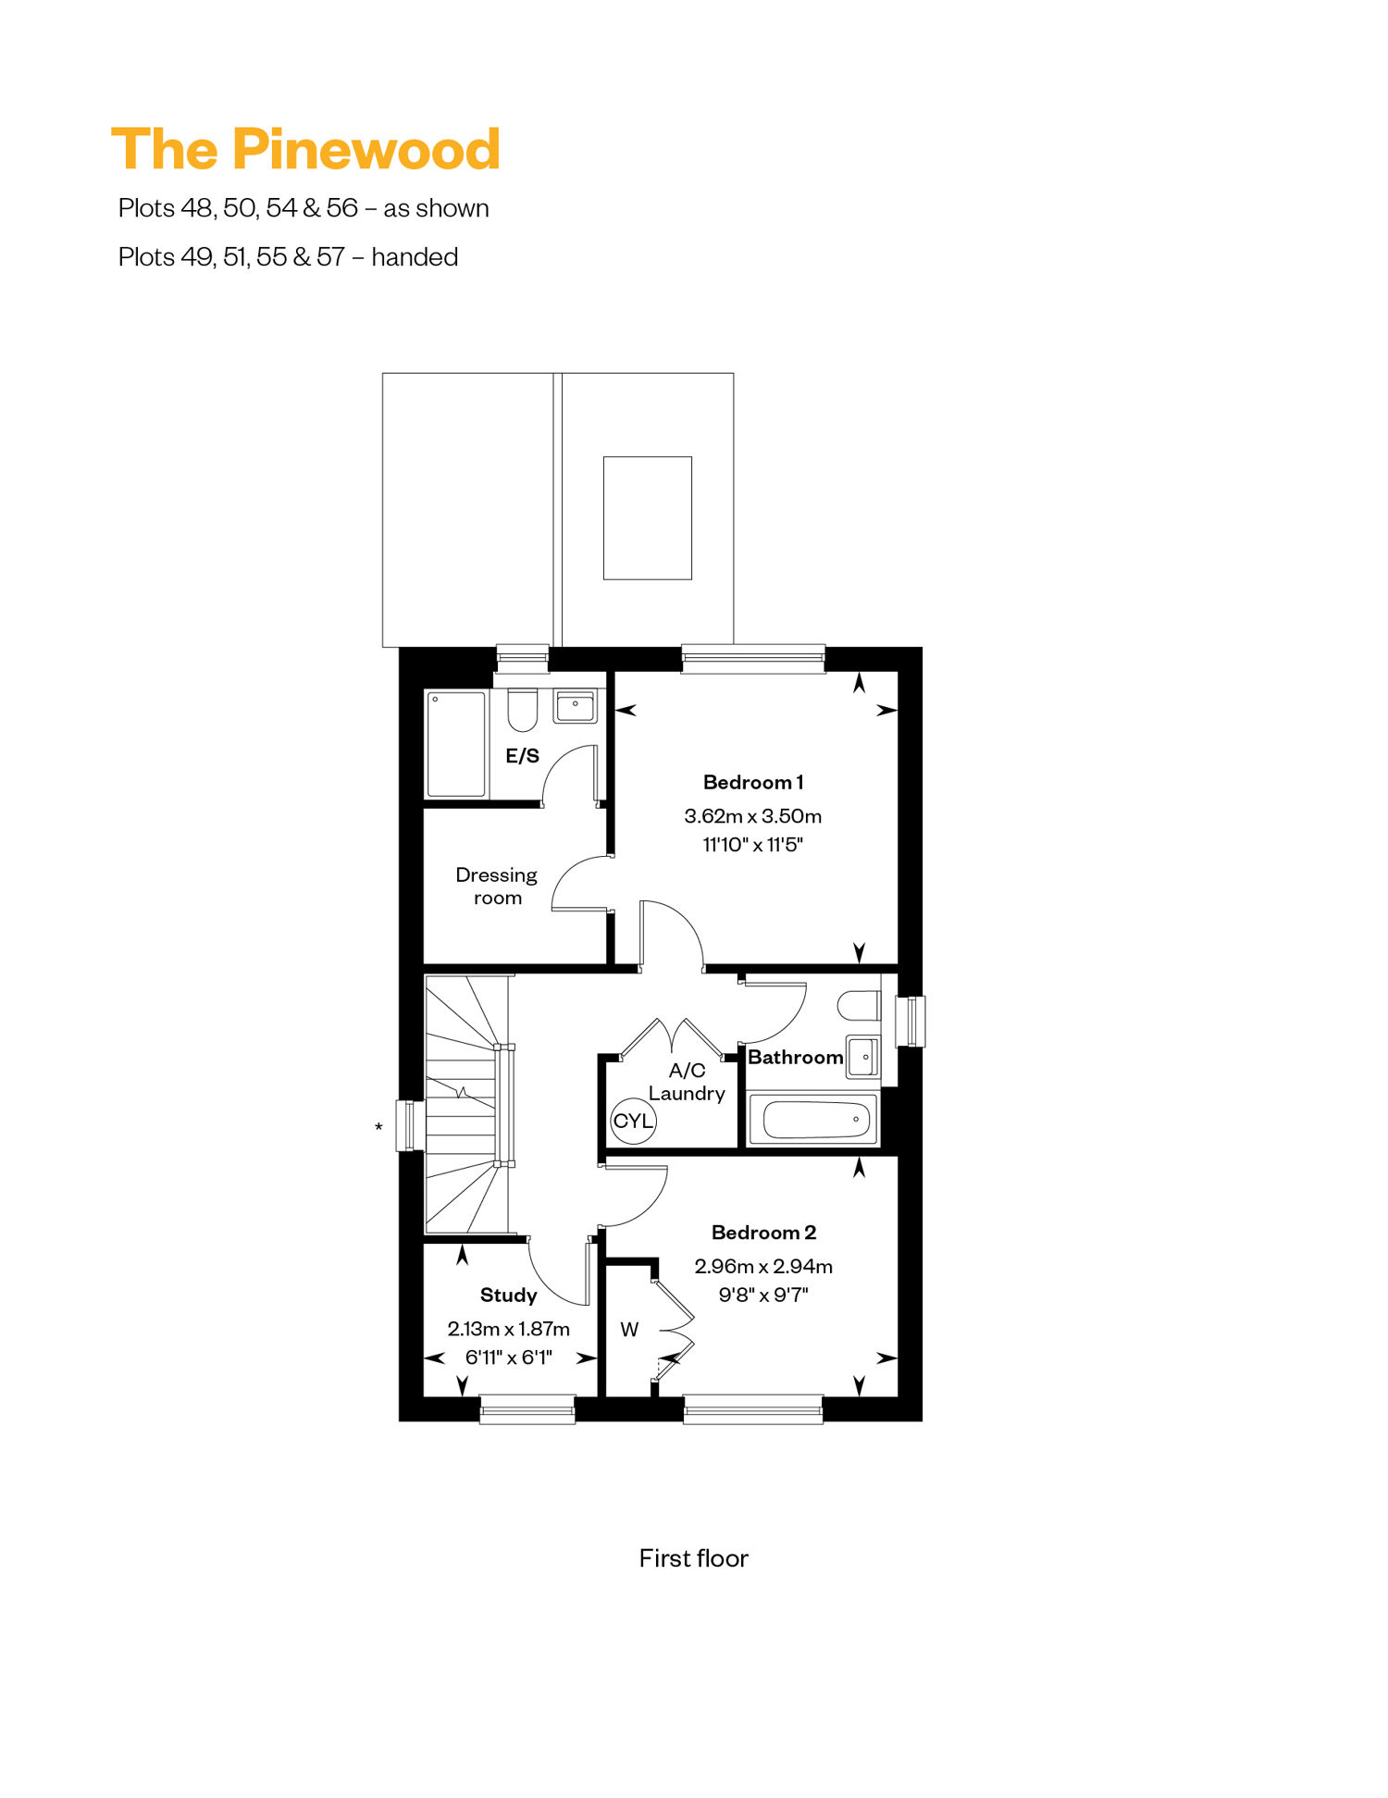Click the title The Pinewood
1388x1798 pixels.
305,149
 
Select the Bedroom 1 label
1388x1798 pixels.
753,782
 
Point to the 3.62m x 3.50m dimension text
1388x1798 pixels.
753,816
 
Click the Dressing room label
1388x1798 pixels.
497,886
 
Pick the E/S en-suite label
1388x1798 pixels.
522,756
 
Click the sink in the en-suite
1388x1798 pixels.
575,706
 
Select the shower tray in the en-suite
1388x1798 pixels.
456,744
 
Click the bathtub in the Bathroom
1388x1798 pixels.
812,1120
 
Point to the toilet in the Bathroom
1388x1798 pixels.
859,1006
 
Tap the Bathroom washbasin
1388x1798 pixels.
863,1057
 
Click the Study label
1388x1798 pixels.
508,1296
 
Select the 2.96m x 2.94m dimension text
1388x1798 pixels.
763,1266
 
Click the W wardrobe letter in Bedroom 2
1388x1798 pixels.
629,1330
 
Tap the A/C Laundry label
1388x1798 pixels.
687,1082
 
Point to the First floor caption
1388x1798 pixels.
694,1558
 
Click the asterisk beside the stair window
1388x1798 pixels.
378,1127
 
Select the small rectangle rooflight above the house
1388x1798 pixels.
648,518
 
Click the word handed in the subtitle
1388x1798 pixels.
415,256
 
